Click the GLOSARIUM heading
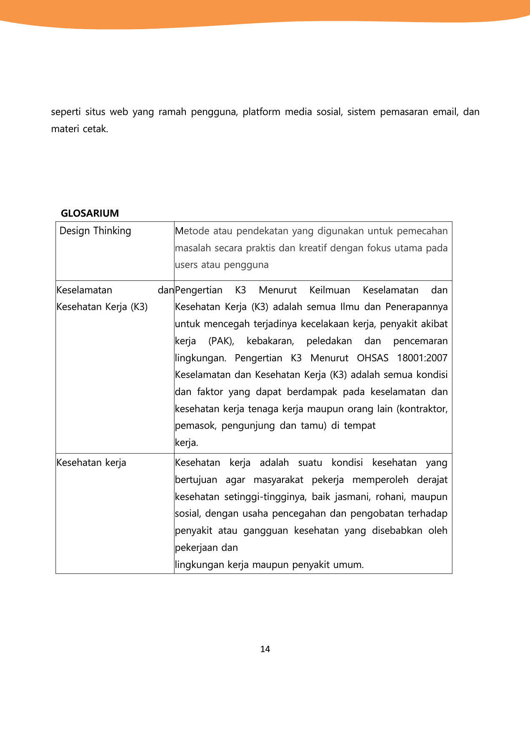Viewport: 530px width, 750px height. [x=90, y=213]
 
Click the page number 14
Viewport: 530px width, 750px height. [x=265, y=649]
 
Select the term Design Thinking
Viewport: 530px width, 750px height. [x=95, y=231]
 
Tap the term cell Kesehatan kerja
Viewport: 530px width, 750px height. [x=91, y=463]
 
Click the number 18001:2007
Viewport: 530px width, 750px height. [x=422, y=358]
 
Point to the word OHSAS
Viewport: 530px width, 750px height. [x=372, y=358]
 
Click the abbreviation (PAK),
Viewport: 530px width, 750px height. [x=221, y=341]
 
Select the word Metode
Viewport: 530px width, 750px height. [x=192, y=231]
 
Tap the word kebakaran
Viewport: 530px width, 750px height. [x=270, y=341]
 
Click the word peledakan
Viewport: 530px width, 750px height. [x=329, y=341]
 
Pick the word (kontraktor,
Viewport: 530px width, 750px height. [x=422, y=409]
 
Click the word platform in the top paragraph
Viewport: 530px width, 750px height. [x=261, y=112]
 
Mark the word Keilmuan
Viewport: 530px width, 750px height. [x=330, y=290]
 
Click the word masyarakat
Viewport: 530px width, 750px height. [x=278, y=480]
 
